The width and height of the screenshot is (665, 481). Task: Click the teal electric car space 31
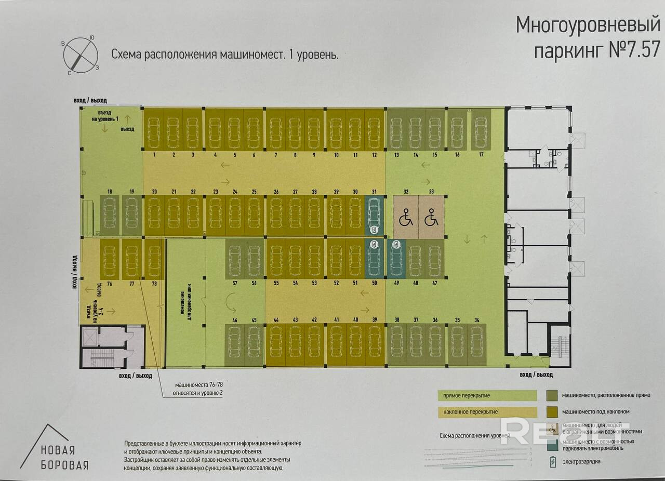[x=374, y=216]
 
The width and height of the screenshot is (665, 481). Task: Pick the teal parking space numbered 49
[x=396, y=258]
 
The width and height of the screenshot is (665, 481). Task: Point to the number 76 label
[x=110, y=284]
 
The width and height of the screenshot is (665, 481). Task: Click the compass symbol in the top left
[x=81, y=54]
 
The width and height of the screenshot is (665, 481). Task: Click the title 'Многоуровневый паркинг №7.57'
[x=587, y=37]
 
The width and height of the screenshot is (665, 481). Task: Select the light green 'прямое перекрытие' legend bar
[x=486, y=396]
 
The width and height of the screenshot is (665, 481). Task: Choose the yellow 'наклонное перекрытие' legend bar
[x=486, y=412]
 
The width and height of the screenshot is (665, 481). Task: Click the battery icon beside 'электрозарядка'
[x=553, y=461]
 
